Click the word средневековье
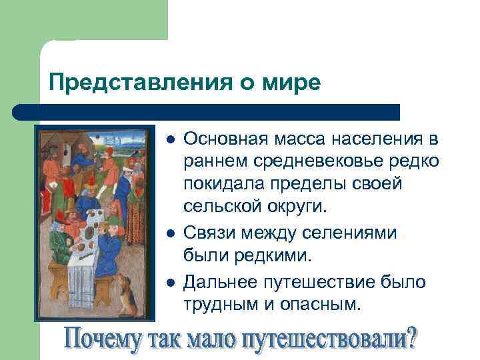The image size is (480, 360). pos(307,161)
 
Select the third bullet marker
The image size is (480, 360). pos(171,283)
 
